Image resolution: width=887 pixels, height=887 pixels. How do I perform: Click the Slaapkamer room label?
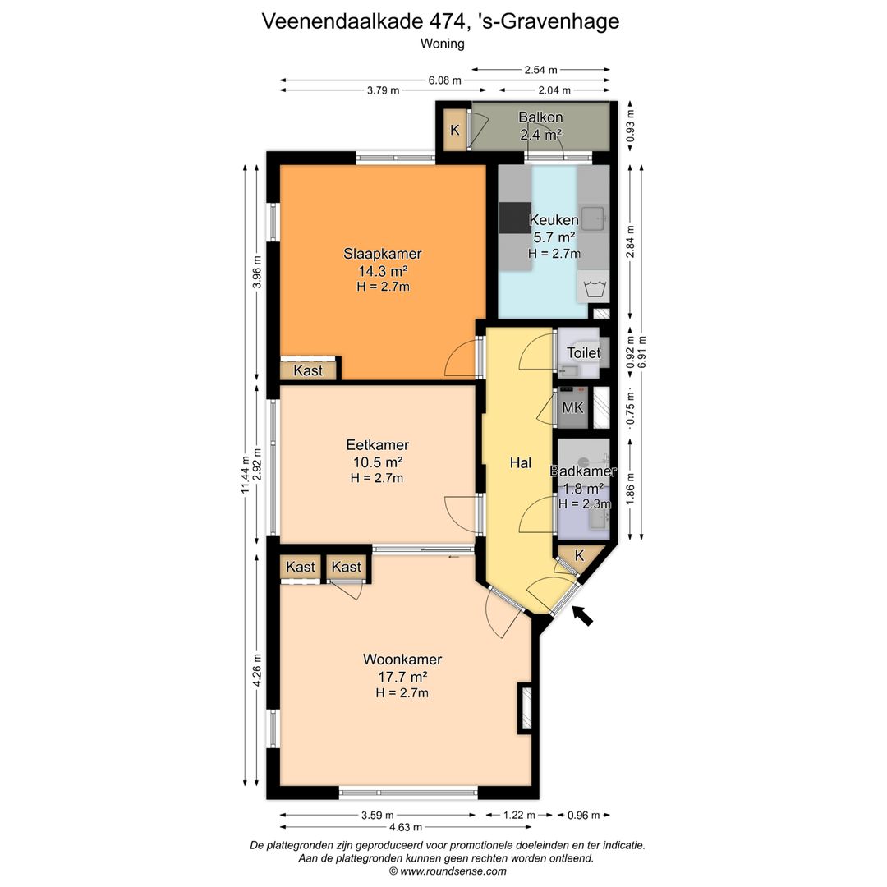tap(383, 254)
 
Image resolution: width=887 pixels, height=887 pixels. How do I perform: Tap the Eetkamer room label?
tap(377, 444)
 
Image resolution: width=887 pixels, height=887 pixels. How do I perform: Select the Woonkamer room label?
tap(402, 659)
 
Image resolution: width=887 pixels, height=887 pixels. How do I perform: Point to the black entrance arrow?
tap(582, 615)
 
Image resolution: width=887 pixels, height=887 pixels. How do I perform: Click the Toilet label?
tap(583, 353)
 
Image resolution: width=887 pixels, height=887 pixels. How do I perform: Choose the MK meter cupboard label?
tap(572, 407)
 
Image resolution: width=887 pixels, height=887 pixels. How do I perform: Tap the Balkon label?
tap(540, 117)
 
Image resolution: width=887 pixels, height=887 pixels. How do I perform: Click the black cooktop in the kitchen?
tap(515, 218)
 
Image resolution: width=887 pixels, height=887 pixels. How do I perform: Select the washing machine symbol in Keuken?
tap(593, 287)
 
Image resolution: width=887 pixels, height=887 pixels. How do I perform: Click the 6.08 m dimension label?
tap(444, 80)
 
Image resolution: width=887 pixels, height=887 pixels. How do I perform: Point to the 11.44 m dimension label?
tap(246, 474)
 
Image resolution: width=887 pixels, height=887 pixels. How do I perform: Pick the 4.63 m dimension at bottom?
tap(406, 827)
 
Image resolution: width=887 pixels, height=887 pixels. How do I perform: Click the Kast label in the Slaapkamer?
tap(308, 370)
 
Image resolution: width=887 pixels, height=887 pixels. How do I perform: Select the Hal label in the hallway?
tap(521, 462)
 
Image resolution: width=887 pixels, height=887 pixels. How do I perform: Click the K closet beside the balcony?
tap(455, 130)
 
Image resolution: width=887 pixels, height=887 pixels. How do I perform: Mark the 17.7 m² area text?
tap(402, 677)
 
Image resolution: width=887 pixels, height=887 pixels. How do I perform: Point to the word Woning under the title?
tap(443, 44)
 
